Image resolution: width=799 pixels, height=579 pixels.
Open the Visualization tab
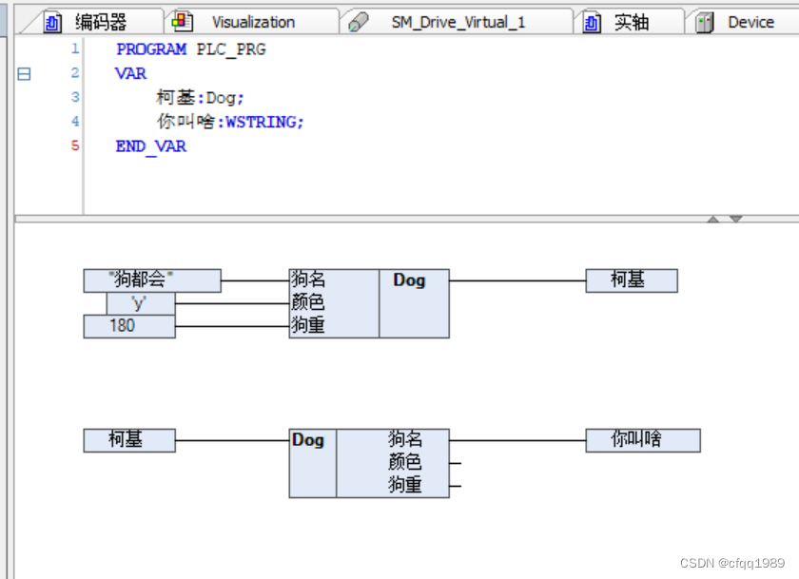coord(252,22)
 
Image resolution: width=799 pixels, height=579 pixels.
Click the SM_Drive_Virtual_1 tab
coord(458,22)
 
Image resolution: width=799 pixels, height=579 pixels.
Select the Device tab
coord(750,22)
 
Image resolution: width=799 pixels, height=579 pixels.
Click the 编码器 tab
coord(101,22)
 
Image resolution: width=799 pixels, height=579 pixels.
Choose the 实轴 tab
coord(631,22)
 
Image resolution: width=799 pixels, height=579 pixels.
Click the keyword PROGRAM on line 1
coord(151,48)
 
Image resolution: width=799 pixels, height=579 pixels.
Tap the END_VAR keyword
coord(150,146)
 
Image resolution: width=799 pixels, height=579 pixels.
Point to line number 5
coord(75,145)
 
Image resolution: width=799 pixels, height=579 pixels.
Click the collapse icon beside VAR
coord(24,73)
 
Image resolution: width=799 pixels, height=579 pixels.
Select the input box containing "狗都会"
coord(152,280)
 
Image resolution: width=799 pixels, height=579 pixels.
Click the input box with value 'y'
coord(141,303)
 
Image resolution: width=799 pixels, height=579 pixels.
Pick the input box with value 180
coord(129,326)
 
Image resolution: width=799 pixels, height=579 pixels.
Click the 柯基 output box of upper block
coord(631,280)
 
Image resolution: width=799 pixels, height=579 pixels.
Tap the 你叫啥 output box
coord(642,439)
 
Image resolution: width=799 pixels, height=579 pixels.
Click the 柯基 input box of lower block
coord(129,439)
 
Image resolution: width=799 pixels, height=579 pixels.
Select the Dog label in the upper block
coord(409,280)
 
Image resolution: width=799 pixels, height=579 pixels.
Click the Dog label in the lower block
coord(308,439)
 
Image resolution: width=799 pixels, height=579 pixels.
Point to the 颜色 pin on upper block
coord(308,303)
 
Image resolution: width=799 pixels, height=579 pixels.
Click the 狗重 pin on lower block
coord(405,485)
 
